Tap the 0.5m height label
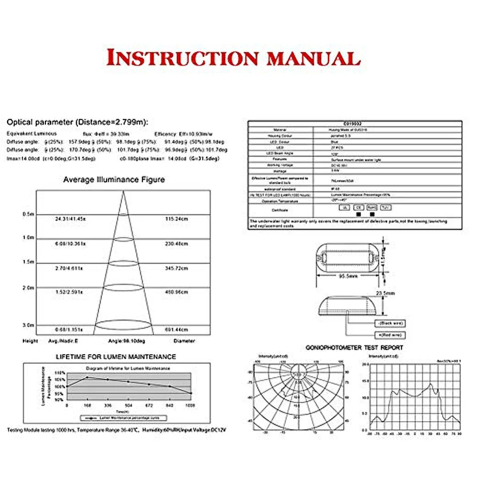28,214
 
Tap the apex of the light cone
123,192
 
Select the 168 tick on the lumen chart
87,405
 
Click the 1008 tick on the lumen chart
190,405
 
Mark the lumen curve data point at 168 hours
87,378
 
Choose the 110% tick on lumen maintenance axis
59,372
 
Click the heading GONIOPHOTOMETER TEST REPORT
354,348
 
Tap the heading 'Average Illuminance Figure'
114,180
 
